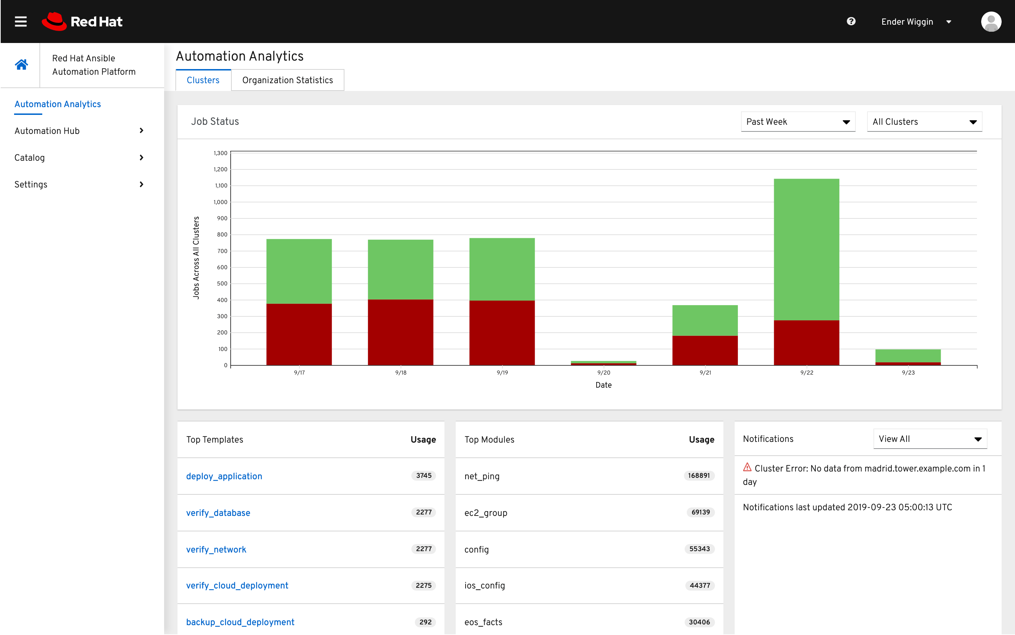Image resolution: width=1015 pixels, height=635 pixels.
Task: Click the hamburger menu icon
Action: (20, 21)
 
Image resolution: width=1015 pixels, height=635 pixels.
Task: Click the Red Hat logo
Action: (82, 21)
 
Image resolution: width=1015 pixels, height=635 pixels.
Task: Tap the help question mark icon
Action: (851, 21)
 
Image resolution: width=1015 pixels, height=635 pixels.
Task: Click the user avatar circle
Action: (991, 22)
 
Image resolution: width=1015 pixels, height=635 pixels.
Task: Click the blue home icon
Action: (21, 65)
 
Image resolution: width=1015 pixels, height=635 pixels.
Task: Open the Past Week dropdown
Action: (798, 122)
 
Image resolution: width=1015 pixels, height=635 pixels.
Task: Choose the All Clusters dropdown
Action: (924, 122)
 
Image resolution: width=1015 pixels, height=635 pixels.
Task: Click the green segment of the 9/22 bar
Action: (806, 249)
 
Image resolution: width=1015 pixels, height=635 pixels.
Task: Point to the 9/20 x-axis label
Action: (603, 372)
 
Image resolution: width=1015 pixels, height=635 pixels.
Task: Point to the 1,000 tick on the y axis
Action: (220, 202)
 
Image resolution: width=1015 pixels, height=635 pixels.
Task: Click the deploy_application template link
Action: (224, 476)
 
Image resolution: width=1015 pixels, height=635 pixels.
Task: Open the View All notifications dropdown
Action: (930, 439)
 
